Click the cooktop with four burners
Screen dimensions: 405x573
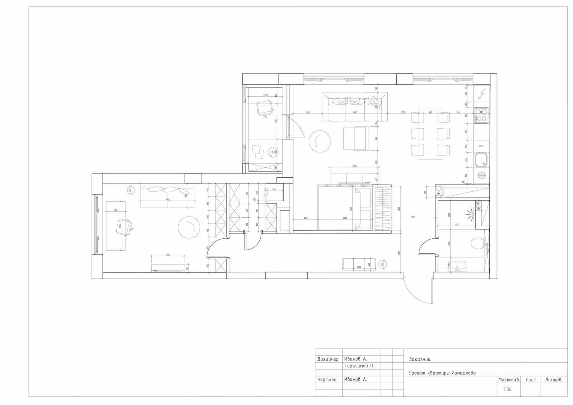coord(481,115)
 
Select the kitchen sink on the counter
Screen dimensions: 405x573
coord(481,160)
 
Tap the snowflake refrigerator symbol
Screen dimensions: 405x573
coord(482,175)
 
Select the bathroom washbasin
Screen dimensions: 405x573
coord(457,266)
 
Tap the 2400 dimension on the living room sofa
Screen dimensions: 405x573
coord(354,113)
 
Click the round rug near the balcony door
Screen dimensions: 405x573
coord(319,141)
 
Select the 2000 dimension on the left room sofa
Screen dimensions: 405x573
coord(167,199)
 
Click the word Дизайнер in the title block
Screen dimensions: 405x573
coord(328,359)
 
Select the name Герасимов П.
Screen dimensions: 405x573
coord(359,366)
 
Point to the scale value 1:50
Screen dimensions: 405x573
coord(507,390)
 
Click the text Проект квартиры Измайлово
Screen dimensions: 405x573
coord(442,373)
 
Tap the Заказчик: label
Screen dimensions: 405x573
coord(420,359)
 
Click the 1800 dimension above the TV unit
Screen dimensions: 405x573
coord(354,166)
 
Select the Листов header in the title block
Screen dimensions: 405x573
coord(553,380)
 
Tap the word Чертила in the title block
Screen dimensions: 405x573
coord(327,380)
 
